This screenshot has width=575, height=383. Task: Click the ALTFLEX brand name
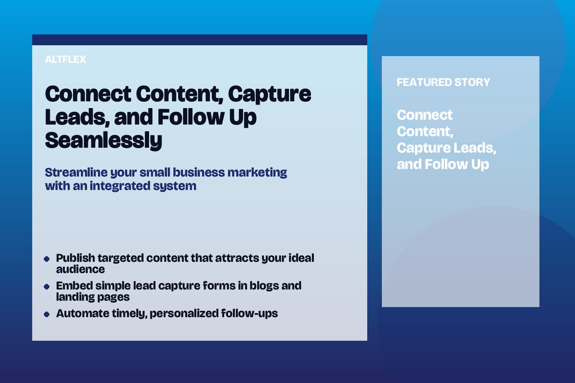(x=66, y=59)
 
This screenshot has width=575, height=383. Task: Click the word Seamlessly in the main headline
(x=103, y=141)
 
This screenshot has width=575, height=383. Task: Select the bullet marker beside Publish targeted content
(x=46, y=259)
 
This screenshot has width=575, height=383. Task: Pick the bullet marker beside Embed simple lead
(x=46, y=287)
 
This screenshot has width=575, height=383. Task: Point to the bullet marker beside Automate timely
(x=46, y=314)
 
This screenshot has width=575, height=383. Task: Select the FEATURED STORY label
(x=443, y=82)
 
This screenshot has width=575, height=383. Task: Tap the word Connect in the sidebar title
(x=425, y=115)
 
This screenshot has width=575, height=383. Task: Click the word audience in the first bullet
(x=80, y=269)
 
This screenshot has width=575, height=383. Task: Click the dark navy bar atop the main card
(x=200, y=40)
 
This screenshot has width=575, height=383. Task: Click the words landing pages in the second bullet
(x=93, y=297)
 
